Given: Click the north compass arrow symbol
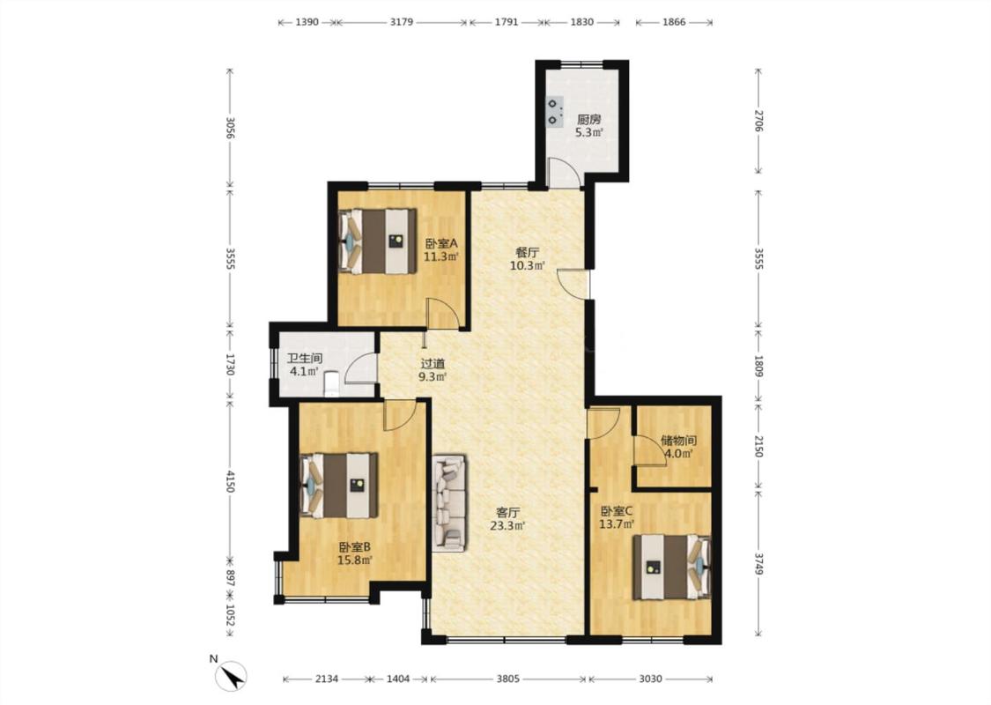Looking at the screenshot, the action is (231, 676).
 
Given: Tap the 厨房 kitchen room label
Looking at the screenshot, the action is (589, 119).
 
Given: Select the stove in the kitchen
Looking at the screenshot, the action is (554, 111).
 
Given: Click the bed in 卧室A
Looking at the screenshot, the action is (378, 241).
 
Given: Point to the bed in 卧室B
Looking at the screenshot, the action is (339, 485).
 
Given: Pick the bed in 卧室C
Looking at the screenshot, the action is (672, 568).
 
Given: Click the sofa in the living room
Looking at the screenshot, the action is (451, 502).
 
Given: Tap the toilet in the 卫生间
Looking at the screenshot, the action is (332, 384).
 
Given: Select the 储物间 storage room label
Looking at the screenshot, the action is (678, 440).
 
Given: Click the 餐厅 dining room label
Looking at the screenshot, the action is (527, 252).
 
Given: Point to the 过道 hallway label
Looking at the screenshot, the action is (433, 364).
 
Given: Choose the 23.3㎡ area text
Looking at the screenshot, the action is (507, 525).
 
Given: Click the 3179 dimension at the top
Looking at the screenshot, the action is (402, 22).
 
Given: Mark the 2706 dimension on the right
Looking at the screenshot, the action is (759, 121).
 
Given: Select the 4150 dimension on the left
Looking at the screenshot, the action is (230, 482).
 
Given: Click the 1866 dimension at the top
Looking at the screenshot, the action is (674, 22).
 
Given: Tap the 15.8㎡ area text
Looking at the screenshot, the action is (355, 560).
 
